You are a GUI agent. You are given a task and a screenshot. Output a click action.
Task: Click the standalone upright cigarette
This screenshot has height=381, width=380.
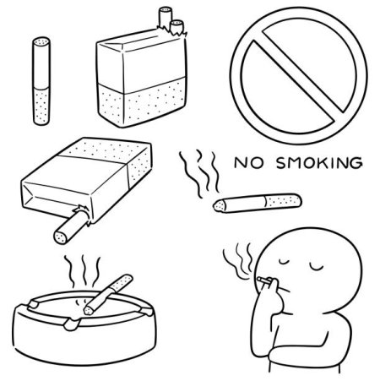click(x=41, y=81)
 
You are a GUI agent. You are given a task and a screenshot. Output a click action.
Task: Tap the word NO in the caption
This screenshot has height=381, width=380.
click(x=248, y=163)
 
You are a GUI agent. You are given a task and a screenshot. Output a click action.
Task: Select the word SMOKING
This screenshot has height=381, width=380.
click(x=319, y=163)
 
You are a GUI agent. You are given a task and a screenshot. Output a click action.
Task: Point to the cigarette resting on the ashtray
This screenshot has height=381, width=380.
click(x=108, y=294)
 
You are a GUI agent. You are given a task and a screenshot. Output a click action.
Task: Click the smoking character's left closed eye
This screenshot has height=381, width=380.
click(x=285, y=262)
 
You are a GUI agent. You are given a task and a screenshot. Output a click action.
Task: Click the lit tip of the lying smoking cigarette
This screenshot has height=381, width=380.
click(x=220, y=205)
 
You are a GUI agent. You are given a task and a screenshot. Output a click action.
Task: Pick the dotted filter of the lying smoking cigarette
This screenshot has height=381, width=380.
click(x=283, y=201)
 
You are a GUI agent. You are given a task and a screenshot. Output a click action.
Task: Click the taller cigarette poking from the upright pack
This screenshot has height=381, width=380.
click(x=166, y=18)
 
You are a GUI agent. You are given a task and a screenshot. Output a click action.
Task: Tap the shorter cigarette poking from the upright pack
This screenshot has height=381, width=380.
click(x=177, y=26)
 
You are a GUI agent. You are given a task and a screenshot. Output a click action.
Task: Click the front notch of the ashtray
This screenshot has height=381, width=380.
click(x=72, y=324)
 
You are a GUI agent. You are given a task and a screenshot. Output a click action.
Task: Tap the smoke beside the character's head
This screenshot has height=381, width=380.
click(x=238, y=261)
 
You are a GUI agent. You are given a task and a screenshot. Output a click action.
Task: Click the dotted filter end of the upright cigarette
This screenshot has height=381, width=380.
click(x=41, y=106)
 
